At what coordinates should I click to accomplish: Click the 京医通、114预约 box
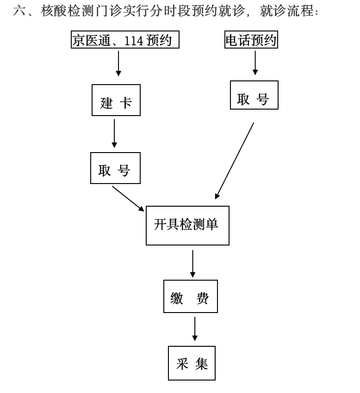coord(125,40)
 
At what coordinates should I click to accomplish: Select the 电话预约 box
coord(251,40)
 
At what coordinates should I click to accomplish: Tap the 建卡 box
coord(116,100)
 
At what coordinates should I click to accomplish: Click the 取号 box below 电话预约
coord(254,95)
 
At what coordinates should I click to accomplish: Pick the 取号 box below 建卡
coord(115,168)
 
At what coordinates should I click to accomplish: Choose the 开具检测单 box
coord(187,226)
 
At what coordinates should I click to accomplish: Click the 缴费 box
coord(190,296)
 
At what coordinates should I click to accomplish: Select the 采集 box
coord(192,363)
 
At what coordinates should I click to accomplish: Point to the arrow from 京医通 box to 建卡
coord(118,63)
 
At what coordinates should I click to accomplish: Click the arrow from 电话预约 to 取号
coord(255,62)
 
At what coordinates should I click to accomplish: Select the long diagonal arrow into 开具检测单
coord(235,161)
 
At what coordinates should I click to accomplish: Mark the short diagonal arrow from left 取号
coord(128,198)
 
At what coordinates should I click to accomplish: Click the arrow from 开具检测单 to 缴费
coord(192,264)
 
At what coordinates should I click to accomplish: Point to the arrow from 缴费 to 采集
coord(195,329)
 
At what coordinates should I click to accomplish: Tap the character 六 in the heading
coord(20,12)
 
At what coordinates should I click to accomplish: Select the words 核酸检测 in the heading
coord(69,12)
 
